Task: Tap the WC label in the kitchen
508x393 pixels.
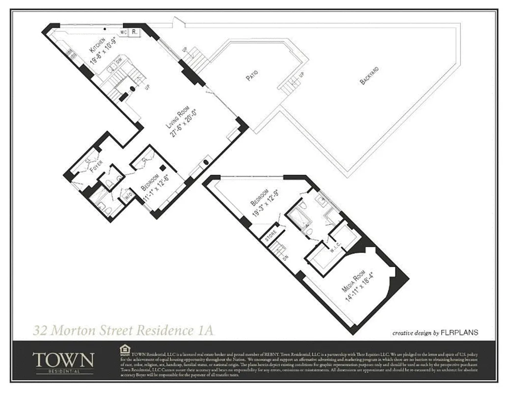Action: (x=124, y=32)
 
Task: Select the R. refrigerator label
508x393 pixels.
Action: (x=134, y=32)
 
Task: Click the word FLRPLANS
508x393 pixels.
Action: (x=460, y=333)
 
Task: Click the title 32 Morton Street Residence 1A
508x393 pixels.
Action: (x=123, y=330)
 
